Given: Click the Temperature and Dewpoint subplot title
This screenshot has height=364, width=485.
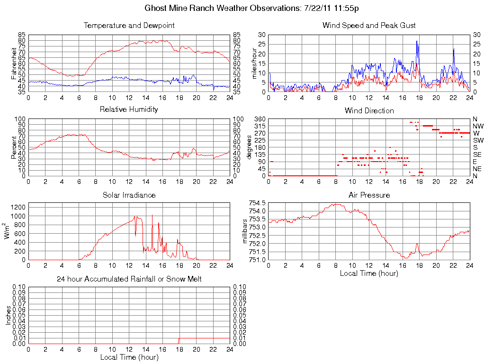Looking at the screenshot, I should click(129, 25).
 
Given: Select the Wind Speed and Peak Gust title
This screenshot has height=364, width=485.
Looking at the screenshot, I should click(369, 25).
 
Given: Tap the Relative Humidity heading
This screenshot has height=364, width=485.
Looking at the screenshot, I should click(129, 109).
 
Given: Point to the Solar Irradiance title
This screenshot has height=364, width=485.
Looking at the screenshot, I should click(129, 195).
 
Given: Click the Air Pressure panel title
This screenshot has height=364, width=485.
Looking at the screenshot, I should click(369, 195).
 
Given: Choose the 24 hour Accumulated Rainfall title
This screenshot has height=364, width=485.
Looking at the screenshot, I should click(129, 279).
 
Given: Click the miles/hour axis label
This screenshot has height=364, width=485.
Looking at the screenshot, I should click(254, 63).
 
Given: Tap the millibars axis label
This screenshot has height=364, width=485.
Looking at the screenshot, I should click(245, 231).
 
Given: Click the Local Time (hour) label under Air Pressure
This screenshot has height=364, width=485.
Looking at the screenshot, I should click(369, 273).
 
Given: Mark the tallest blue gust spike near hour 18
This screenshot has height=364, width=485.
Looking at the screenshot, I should click(417, 41).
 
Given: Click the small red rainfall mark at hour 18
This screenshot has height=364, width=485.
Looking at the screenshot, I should click(179, 341).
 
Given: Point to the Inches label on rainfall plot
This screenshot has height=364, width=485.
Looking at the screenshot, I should click(8, 315).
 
